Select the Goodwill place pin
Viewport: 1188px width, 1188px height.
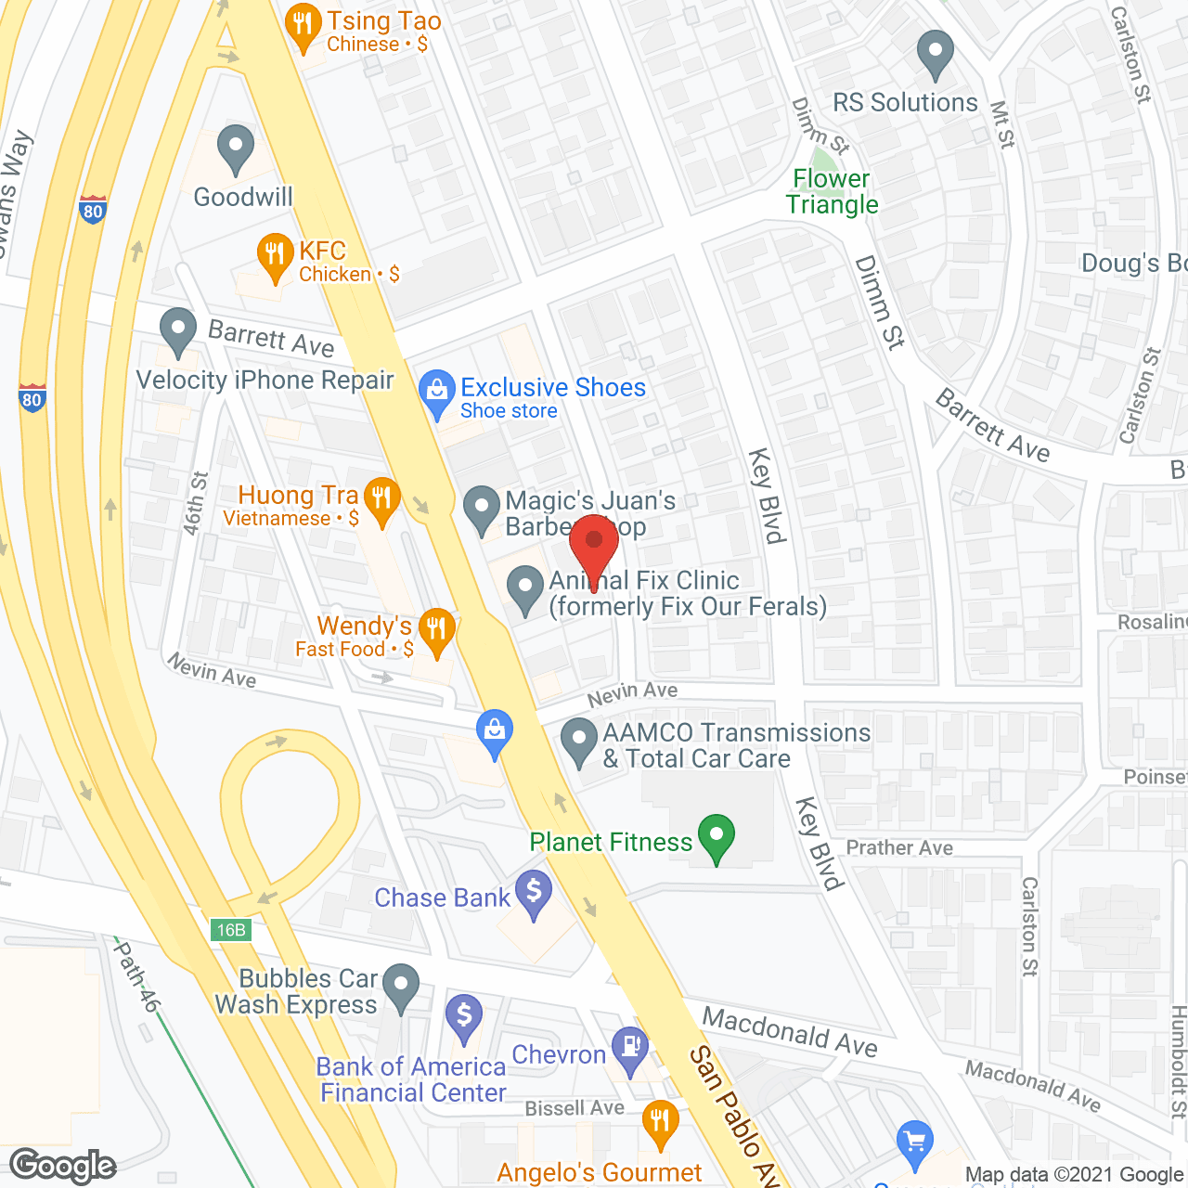tap(236, 148)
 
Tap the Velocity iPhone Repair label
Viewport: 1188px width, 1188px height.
tap(265, 381)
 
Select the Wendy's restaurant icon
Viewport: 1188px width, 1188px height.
tap(435, 629)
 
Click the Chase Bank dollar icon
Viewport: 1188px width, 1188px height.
tap(534, 892)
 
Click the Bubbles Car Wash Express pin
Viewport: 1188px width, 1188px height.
tap(401, 986)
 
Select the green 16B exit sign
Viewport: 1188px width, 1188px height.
tap(230, 930)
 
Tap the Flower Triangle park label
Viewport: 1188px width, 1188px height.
tap(832, 191)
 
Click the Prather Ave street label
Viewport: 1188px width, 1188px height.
tap(899, 847)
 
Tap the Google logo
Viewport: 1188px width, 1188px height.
tap(63, 1166)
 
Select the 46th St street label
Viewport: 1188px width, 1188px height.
tap(195, 504)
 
